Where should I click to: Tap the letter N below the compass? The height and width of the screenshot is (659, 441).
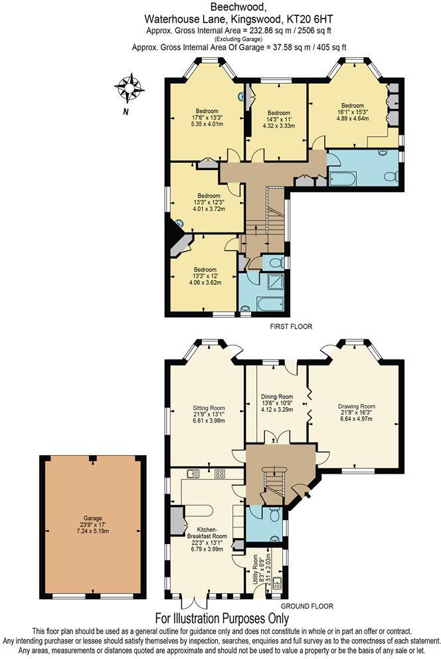click(125, 112)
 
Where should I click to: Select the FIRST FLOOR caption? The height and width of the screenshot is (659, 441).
click(290, 326)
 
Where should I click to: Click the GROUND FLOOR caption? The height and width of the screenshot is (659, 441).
click(307, 606)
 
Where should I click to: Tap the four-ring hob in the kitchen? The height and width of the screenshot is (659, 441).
click(220, 474)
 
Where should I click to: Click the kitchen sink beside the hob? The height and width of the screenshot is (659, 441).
click(194, 474)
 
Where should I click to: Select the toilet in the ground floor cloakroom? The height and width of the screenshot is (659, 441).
click(276, 514)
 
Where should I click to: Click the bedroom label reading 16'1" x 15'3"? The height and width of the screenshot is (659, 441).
click(352, 112)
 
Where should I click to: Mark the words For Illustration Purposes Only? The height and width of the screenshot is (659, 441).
click(220, 617)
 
